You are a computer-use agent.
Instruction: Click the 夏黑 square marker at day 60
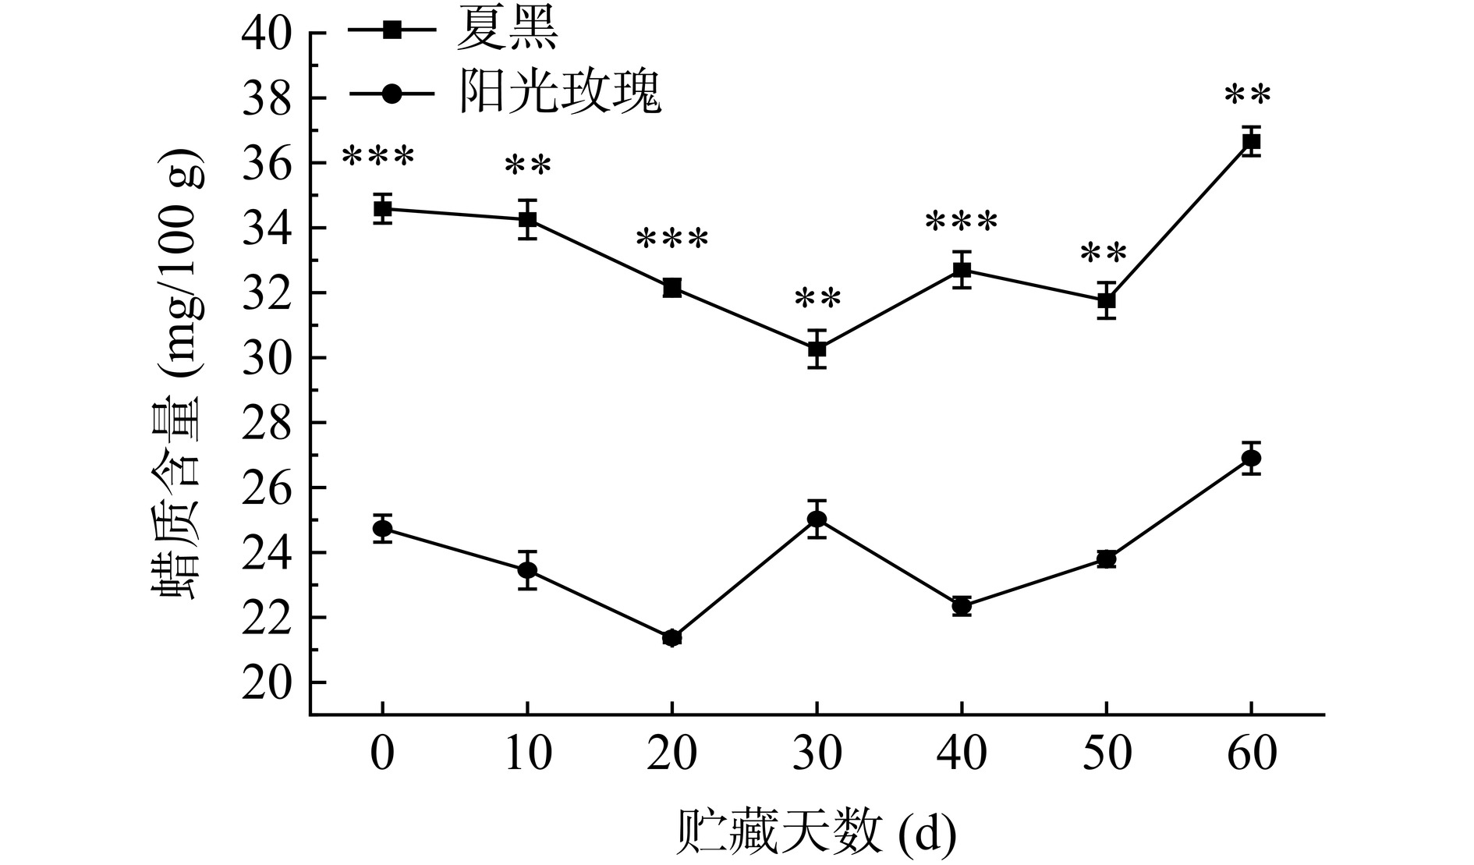coord(1251,142)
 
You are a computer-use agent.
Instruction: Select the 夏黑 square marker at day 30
coord(817,349)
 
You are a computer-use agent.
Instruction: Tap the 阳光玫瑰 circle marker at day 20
coord(671,638)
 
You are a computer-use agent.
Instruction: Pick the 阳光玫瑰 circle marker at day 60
coord(1251,458)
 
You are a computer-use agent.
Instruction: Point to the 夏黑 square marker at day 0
coord(382,208)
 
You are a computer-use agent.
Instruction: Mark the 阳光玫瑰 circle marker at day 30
coord(817,519)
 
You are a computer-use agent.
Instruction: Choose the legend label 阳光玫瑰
coord(560,94)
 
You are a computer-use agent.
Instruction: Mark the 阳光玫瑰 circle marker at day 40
coord(962,605)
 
